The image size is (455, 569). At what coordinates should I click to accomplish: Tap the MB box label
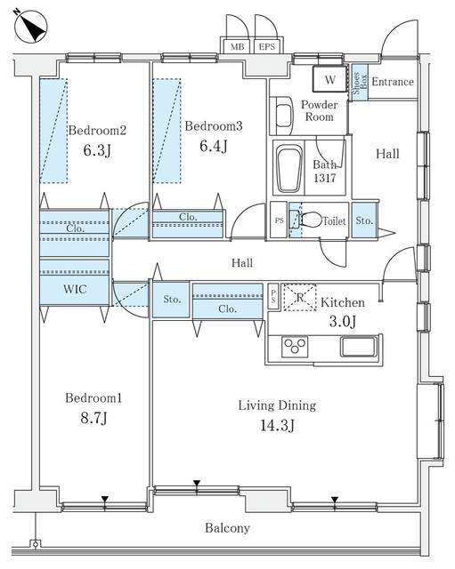238,47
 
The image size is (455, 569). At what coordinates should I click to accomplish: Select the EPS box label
265,47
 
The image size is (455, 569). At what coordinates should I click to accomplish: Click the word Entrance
392,83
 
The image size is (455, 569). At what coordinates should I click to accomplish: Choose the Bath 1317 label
324,171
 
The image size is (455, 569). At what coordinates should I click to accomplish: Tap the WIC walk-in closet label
74,289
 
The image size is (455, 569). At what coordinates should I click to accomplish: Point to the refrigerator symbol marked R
300,297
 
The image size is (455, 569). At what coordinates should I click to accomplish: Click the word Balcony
227,528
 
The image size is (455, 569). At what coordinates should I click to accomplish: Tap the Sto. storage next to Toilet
363,220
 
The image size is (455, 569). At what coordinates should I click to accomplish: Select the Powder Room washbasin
281,116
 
